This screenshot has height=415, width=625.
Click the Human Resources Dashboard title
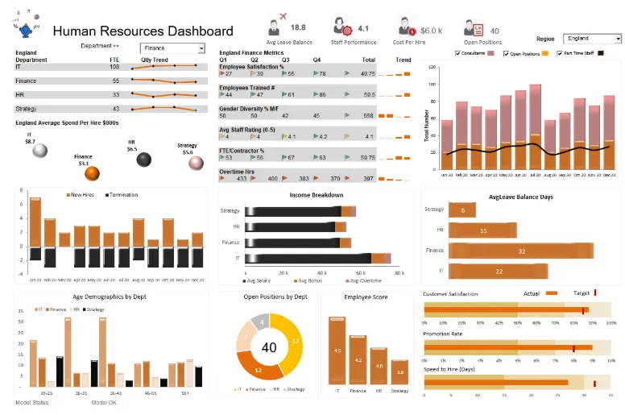(143, 31)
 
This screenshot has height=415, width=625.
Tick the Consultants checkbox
(458, 54)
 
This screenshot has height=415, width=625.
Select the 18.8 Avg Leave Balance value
(297, 27)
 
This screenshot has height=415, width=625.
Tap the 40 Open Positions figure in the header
(495, 31)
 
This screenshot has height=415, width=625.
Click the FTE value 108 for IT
(114, 67)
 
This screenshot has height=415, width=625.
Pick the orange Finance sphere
(92, 172)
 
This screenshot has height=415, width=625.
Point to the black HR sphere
(144, 160)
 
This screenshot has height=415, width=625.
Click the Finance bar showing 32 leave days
(520, 251)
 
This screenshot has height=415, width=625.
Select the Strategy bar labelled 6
(462, 210)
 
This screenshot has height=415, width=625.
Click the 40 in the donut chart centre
(269, 347)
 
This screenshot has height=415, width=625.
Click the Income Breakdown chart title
(317, 195)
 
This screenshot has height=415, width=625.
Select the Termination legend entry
(120, 195)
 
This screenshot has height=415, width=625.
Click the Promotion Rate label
(443, 333)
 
